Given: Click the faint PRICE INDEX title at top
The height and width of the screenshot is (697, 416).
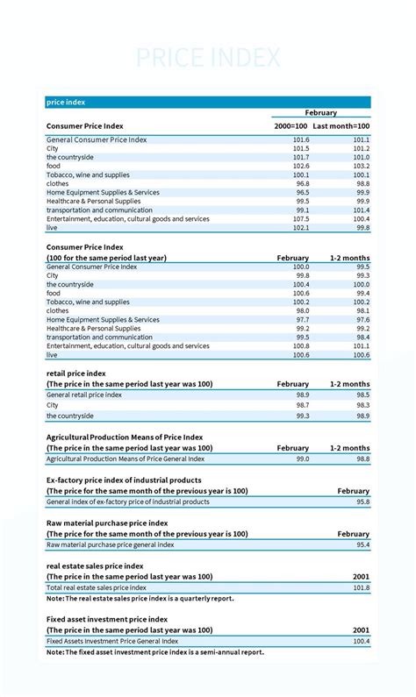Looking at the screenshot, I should (208, 58).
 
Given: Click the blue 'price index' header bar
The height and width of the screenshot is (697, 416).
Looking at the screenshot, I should (208, 102).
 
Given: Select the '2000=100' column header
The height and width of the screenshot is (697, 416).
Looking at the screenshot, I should (290, 126).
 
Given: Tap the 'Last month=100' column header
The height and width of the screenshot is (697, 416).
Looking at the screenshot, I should (341, 126).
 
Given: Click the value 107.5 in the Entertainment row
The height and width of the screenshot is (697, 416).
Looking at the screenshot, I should (300, 219).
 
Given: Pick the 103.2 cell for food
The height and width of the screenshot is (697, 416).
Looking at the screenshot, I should (361, 166).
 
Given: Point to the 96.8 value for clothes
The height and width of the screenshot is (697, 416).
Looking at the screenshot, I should (301, 183).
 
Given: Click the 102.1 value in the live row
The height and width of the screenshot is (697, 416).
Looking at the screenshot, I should (300, 228).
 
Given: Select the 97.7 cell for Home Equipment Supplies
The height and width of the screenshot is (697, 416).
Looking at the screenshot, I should (301, 320).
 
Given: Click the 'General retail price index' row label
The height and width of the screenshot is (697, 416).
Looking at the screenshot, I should (84, 395).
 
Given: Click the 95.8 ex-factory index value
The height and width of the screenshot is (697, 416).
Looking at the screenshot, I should (362, 502).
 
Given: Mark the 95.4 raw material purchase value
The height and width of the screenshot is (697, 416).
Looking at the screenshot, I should (362, 544).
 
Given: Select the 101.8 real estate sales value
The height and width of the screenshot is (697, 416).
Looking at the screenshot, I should (361, 587).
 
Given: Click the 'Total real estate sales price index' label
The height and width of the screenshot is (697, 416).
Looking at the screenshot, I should (97, 587).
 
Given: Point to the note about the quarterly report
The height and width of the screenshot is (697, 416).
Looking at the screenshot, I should (140, 598).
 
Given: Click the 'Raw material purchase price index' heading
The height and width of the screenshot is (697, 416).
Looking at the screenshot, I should (107, 523).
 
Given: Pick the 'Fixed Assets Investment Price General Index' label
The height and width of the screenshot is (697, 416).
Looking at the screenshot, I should (113, 642).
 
